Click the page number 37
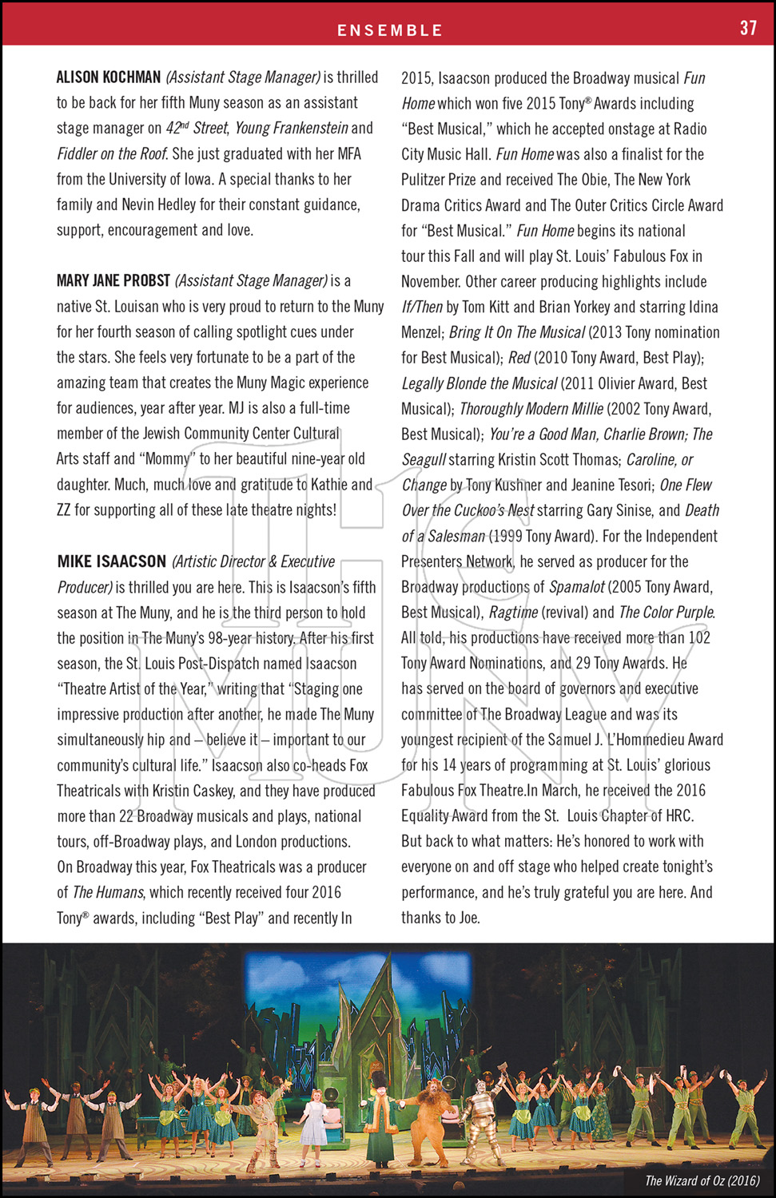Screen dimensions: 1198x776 [748, 28]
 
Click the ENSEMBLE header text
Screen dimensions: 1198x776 [389, 30]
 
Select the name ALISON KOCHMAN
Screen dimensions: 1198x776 [109, 77]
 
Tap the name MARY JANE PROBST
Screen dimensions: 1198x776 [113, 280]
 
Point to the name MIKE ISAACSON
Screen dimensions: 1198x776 [112, 561]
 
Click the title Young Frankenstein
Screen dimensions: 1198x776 [292, 128]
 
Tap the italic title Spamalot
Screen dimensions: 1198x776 [577, 587]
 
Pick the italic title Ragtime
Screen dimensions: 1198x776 [512, 613]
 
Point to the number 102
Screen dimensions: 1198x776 [699, 637]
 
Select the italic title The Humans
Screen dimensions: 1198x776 [108, 892]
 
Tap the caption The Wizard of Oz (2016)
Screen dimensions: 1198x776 [702, 1180]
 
